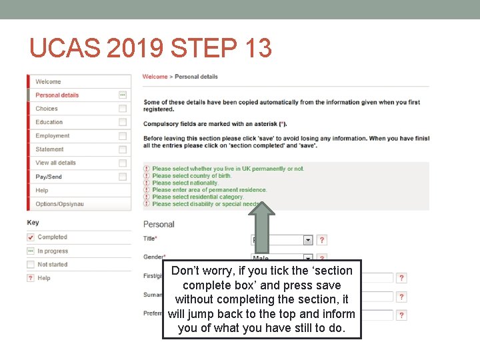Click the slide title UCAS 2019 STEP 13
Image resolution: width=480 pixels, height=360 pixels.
[151, 48]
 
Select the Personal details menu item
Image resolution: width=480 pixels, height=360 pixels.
[57, 95]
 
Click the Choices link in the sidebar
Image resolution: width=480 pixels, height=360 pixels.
[47, 109]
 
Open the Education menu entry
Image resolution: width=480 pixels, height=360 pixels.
[49, 122]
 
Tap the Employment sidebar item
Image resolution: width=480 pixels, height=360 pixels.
[53, 136]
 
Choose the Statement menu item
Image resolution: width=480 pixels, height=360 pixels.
[50, 149]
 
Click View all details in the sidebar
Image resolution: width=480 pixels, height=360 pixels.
[55, 163]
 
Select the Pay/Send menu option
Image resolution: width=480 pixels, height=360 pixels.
[49, 177]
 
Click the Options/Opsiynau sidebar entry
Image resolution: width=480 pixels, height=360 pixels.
[60, 204]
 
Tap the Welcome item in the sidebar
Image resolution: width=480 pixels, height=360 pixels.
[48, 81]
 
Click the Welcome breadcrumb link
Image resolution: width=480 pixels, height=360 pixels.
[155, 77]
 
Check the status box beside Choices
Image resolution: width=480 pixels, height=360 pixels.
[123, 109]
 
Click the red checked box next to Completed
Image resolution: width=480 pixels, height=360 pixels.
[31, 237]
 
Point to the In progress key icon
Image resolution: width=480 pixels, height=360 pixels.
[31, 251]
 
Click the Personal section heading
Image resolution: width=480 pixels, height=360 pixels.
[159, 224]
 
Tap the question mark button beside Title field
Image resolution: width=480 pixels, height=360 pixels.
[322, 240]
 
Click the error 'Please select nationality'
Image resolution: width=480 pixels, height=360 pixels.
[185, 183]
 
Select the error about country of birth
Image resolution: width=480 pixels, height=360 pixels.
[191, 176]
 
